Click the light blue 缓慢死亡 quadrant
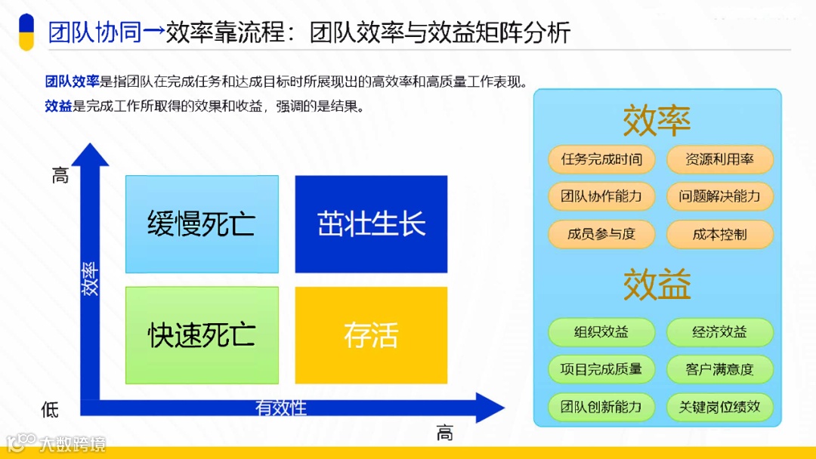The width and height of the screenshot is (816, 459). click(x=202, y=224)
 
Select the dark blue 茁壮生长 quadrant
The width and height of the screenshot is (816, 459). click(x=371, y=224)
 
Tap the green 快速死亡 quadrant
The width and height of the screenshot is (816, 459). click(x=202, y=335)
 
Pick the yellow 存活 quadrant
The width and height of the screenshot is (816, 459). click(x=371, y=335)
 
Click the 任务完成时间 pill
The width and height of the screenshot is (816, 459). click(x=601, y=159)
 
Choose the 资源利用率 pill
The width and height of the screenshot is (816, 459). click(x=719, y=159)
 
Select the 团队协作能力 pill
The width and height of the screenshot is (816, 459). click(x=601, y=196)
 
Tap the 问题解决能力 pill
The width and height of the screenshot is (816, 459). click(x=719, y=196)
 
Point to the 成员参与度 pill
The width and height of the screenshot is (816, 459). click(x=601, y=234)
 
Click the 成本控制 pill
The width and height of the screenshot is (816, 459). click(x=719, y=234)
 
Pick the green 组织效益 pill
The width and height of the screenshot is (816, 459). click(x=601, y=332)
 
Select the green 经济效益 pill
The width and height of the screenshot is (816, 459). click(x=719, y=332)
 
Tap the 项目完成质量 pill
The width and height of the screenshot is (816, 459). click(x=601, y=369)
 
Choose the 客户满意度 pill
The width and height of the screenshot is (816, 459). click(x=719, y=369)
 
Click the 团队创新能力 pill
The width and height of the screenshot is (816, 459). click(x=601, y=407)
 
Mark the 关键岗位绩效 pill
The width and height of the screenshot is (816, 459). click(x=719, y=407)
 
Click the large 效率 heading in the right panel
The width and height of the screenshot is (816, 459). click(x=657, y=121)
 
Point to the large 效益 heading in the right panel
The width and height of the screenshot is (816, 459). click(x=657, y=285)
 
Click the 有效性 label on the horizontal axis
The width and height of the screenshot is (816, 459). click(x=281, y=408)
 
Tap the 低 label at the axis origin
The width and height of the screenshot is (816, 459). click(x=50, y=409)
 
